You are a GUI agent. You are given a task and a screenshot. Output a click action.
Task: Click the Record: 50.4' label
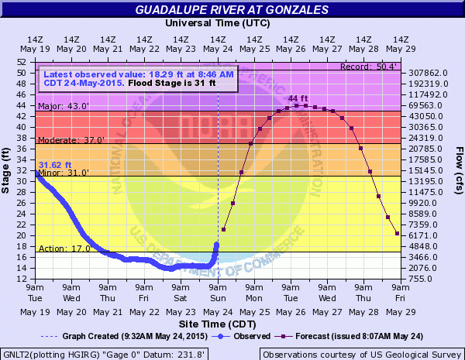(370, 67)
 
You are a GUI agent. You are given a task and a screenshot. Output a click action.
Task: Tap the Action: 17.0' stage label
(59, 249)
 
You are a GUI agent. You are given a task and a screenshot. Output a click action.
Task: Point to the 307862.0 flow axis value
(426, 73)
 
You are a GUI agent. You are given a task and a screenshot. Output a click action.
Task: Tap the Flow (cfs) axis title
(458, 169)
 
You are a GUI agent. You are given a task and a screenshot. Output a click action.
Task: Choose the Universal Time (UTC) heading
(219, 24)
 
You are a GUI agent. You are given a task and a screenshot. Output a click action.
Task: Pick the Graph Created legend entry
(120, 336)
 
